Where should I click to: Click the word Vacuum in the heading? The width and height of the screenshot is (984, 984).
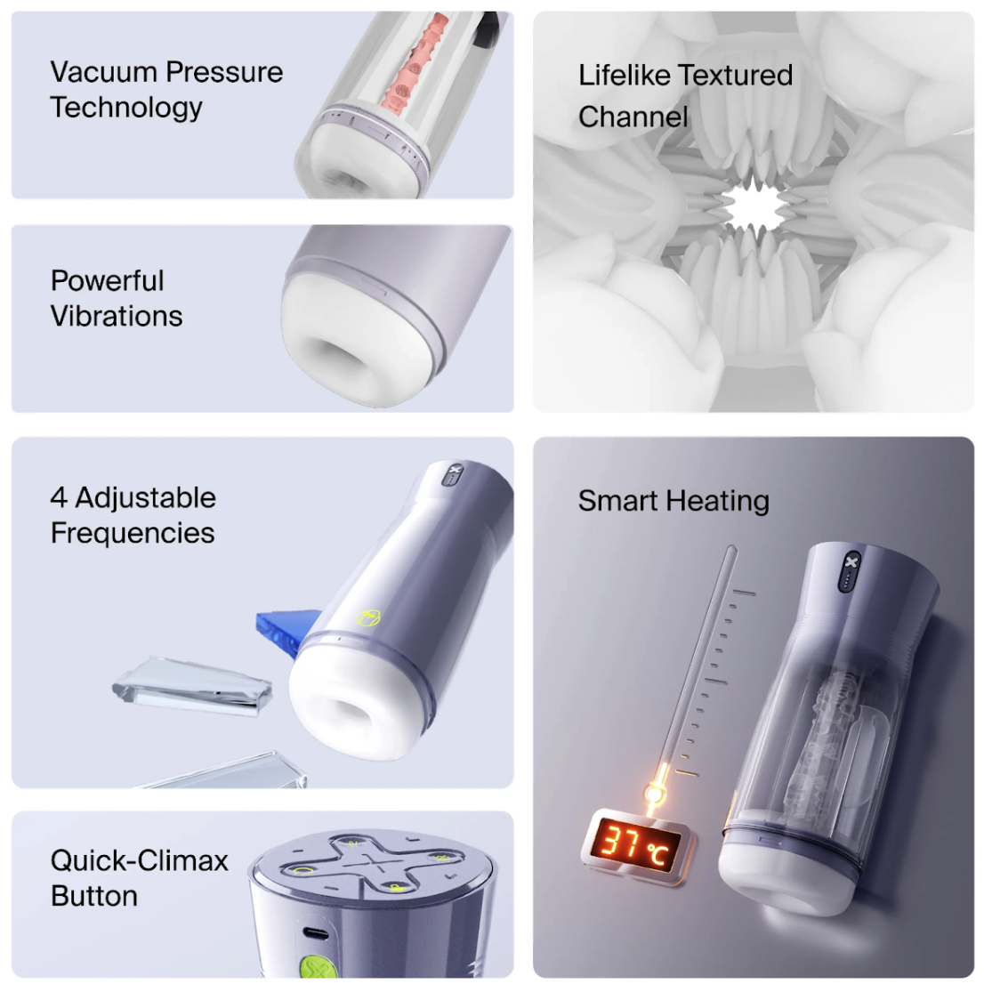pyautogui.click(x=103, y=72)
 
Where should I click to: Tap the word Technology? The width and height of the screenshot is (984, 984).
pyautogui.click(x=126, y=108)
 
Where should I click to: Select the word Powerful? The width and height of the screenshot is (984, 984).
pyautogui.click(x=108, y=280)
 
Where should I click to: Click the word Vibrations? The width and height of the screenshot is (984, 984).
pyautogui.click(x=117, y=316)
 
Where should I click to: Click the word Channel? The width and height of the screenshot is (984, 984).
pyautogui.click(x=633, y=117)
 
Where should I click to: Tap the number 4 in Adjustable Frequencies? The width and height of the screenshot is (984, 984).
pyautogui.click(x=59, y=498)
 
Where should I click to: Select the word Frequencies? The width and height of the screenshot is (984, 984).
pyautogui.click(x=133, y=534)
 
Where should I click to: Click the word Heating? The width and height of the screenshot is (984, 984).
pyautogui.click(x=718, y=501)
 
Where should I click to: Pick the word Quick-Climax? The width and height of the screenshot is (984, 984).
pyautogui.click(x=140, y=860)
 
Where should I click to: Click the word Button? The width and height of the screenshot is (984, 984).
pyautogui.click(x=94, y=896)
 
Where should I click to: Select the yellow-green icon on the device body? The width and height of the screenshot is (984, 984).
pyautogui.click(x=369, y=618)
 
